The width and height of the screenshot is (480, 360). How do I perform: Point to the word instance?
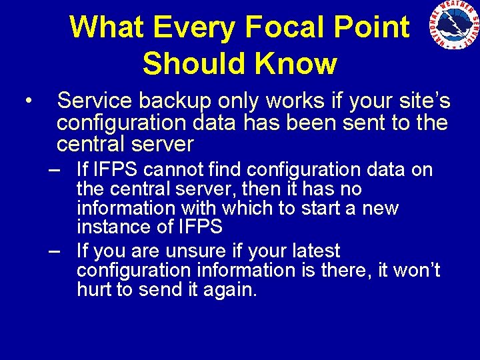pos(107,227)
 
